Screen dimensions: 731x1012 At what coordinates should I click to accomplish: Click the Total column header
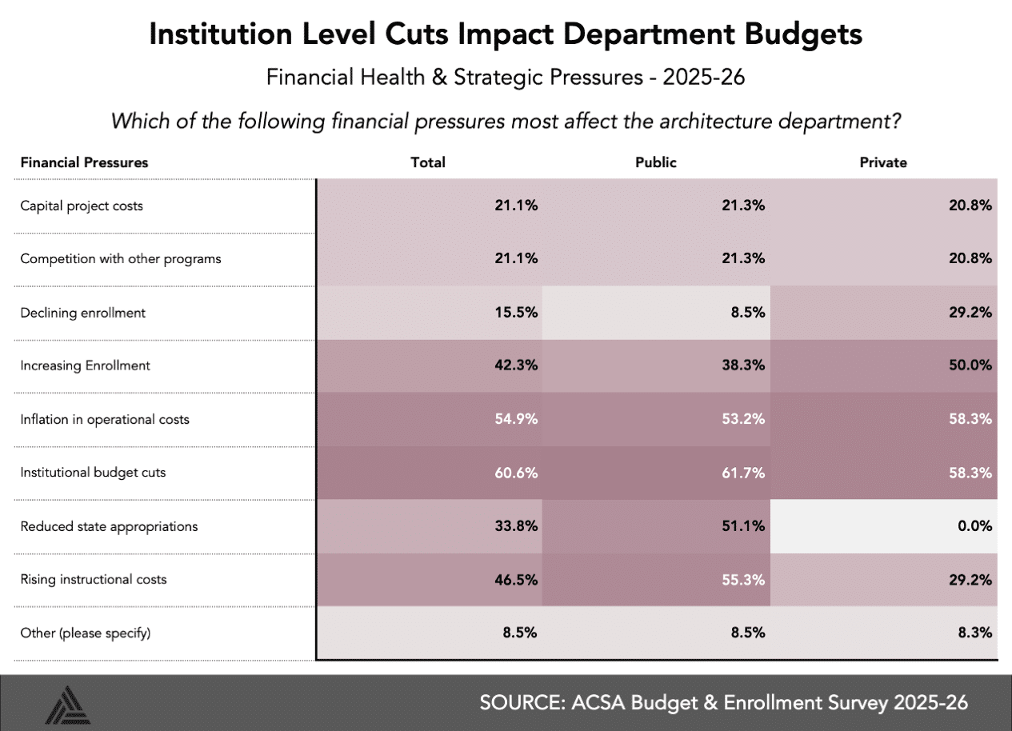coord(428,162)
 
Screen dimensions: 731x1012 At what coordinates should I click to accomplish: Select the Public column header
coord(655,162)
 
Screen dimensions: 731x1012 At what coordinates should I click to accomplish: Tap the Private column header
coord(883,162)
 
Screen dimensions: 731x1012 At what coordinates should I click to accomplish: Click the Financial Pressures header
coord(84,162)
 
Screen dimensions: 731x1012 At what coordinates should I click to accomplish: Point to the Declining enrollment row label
coord(83,313)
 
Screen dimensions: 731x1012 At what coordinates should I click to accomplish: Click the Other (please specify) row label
coord(86,633)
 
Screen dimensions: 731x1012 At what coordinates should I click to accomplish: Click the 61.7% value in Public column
coord(746,473)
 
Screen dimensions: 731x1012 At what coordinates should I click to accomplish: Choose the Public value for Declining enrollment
coord(750,313)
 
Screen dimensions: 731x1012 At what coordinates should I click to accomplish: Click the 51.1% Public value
coord(746,526)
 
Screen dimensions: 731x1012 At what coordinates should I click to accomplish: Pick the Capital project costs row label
coord(82,206)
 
